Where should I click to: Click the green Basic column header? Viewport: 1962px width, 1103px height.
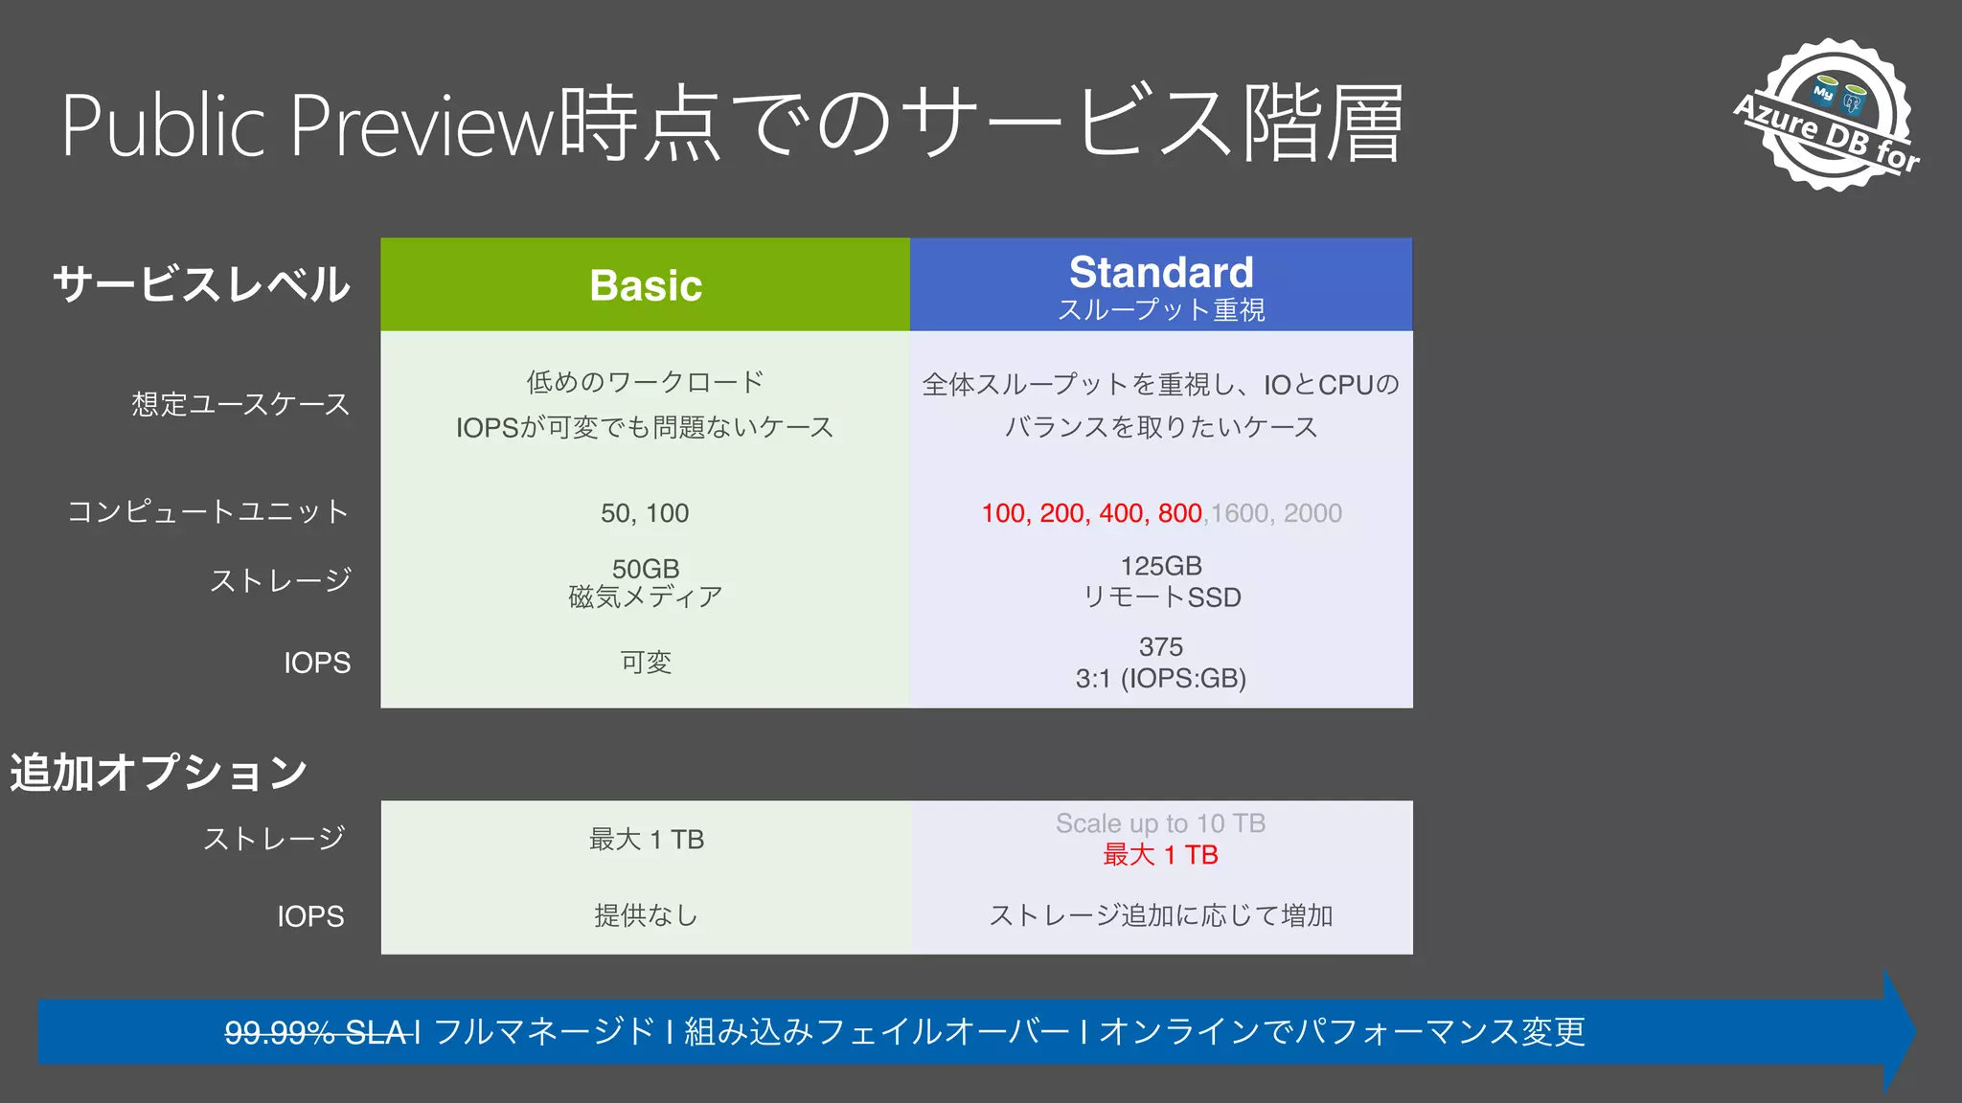tap(646, 285)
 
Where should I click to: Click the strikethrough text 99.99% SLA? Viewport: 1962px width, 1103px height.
tap(318, 1032)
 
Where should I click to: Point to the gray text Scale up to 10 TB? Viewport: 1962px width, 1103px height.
tap(1160, 823)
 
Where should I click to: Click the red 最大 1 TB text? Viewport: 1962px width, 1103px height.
tap(1160, 855)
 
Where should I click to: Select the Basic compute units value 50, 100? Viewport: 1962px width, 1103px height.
tap(645, 513)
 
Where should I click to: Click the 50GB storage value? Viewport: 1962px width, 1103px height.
tap(646, 569)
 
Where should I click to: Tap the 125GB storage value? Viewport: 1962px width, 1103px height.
tap(1161, 566)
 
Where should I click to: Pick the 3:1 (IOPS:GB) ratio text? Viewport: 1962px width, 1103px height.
tap(1160, 679)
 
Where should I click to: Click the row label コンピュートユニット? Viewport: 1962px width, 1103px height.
tap(208, 511)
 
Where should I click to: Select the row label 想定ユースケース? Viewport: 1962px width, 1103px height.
tap(240, 404)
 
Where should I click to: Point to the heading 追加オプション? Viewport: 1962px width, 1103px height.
tap(159, 772)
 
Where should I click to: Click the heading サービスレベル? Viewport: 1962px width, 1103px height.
tap(202, 285)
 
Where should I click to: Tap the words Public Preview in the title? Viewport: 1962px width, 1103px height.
tap(307, 124)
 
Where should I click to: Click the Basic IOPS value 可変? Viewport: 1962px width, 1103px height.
tap(646, 663)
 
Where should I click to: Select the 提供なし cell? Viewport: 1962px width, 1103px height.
tap(646, 916)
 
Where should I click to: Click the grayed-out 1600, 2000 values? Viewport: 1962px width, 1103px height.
tap(1276, 513)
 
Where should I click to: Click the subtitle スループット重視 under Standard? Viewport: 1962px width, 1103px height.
tap(1161, 310)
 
